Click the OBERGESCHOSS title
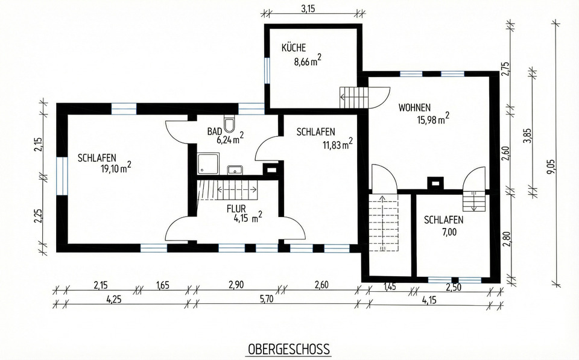[289, 349]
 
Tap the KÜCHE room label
[294, 48]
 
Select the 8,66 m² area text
[307, 60]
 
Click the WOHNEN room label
[414, 107]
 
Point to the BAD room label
[215, 131]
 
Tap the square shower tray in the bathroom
[209, 163]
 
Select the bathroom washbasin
[235, 170]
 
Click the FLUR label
[236, 209]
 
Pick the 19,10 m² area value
[116, 168]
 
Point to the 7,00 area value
[448, 232]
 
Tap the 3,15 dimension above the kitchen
[308, 10]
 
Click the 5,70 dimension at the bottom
[266, 299]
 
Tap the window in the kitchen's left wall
[267, 70]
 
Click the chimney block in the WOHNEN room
[435, 183]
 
